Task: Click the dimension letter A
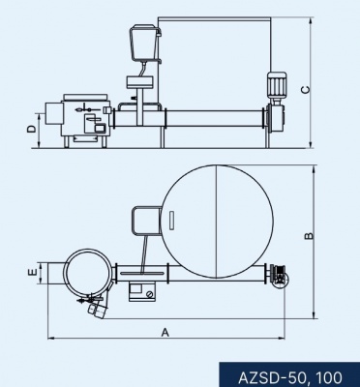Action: pyautogui.click(x=165, y=332)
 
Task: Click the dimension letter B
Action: pyautogui.click(x=309, y=236)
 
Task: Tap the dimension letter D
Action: pyautogui.click(x=31, y=129)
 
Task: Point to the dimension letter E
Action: pyautogui.click(x=32, y=273)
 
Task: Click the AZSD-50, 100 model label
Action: pyautogui.click(x=290, y=377)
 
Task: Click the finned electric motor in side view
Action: pyautogui.click(x=276, y=85)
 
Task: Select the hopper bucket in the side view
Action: pyautogui.click(x=144, y=43)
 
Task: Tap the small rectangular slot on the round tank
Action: pyautogui.click(x=171, y=221)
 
